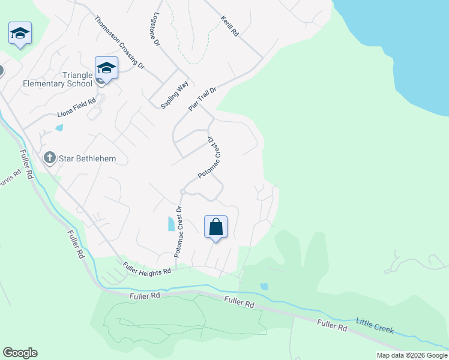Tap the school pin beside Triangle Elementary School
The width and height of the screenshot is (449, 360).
point(106,68)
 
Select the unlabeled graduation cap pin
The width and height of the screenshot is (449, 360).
point(20,34)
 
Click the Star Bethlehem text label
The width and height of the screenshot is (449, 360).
point(86,159)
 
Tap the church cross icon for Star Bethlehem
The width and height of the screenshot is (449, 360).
point(50,158)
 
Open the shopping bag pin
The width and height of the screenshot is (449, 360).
point(216,228)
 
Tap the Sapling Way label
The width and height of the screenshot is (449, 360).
point(175,94)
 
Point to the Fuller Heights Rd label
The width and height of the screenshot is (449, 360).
point(147,268)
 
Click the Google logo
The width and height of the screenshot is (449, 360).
point(20,353)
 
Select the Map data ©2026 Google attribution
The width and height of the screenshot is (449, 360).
point(412,355)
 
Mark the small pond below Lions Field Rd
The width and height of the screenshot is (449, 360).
point(59,128)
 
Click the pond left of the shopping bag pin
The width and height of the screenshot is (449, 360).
point(172,224)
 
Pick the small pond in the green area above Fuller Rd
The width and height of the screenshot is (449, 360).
point(264,287)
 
